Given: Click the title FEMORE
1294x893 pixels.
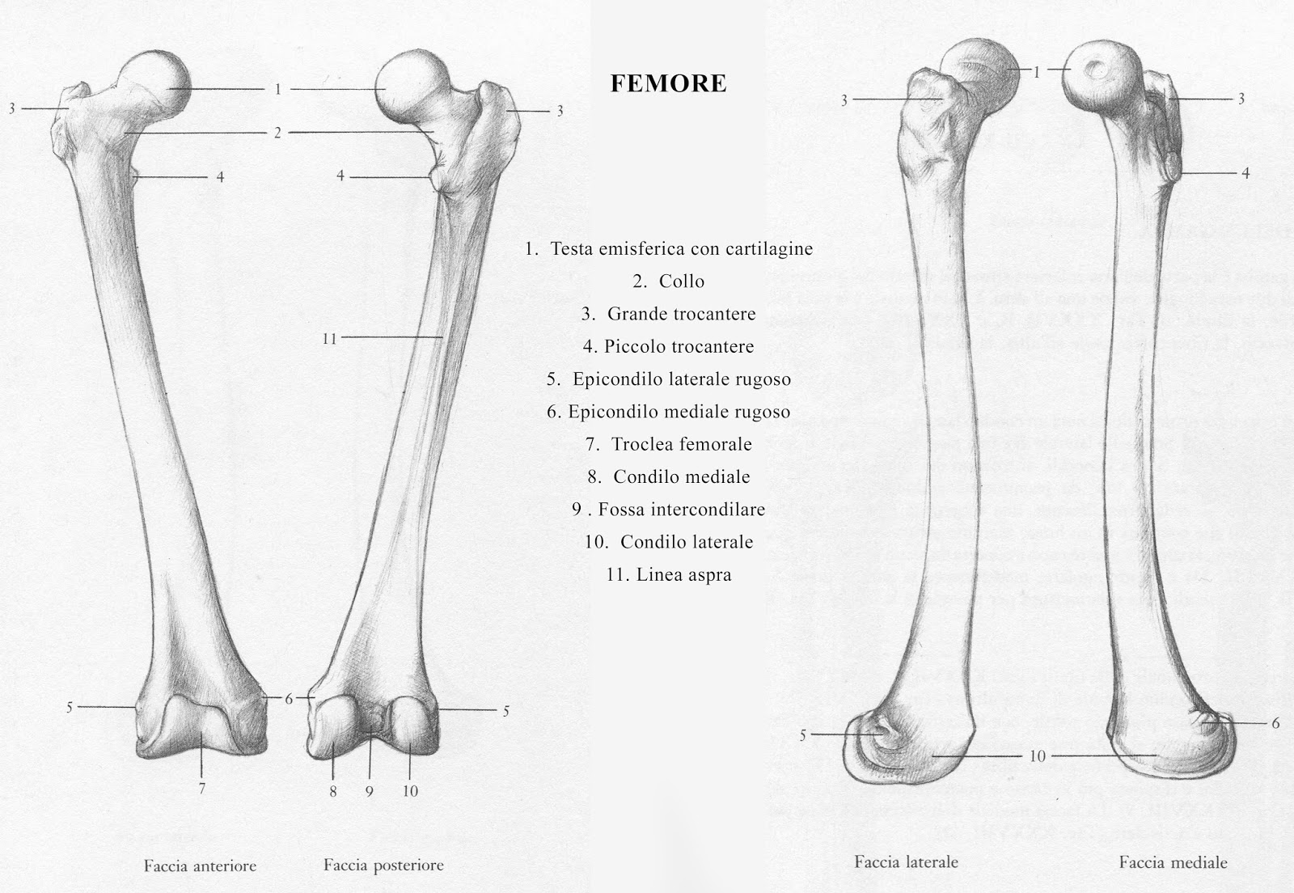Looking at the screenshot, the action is click(668, 83).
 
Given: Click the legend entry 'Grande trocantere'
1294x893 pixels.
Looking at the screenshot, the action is click(669, 314).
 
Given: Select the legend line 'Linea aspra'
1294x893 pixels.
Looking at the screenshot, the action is click(669, 575).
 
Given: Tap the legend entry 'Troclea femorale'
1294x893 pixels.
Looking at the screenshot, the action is click(669, 444).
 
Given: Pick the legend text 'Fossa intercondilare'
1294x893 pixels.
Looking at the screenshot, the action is click(669, 510).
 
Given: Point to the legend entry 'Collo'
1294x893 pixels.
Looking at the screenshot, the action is click(669, 281).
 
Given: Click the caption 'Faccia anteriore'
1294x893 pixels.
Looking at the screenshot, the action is click(200, 865).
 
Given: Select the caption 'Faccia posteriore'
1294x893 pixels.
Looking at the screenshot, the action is click(383, 865).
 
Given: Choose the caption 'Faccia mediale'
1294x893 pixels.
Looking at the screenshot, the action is click(1173, 862).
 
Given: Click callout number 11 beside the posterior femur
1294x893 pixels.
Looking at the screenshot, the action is click(329, 339).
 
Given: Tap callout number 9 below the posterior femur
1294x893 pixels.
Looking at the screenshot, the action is click(369, 791).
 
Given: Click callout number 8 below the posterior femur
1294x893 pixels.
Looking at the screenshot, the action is click(333, 791).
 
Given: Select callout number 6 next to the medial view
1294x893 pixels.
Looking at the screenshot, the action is click(1276, 723).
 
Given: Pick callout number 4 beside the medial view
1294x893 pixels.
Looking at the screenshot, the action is click(1245, 173).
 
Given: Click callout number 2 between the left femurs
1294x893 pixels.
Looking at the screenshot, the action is click(277, 133).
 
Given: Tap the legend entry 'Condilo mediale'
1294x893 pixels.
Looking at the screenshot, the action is click(669, 477).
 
